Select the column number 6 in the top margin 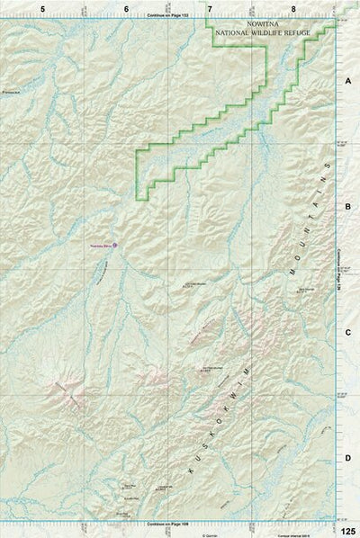(126, 7)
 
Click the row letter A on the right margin (347, 80)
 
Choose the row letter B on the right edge (347, 206)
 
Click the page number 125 (348, 531)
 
